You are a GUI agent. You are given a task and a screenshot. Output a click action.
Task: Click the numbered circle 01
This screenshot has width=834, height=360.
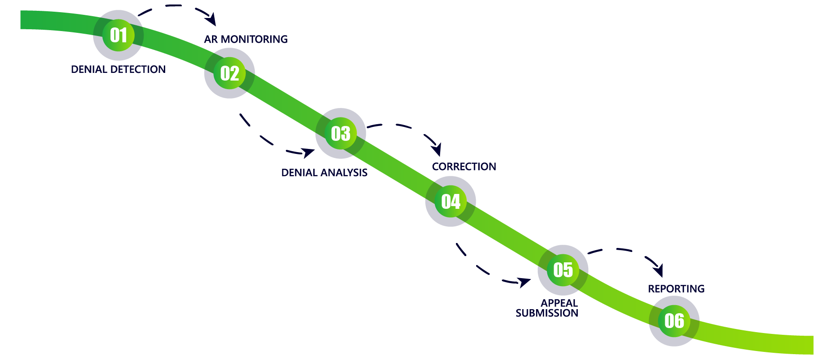click(x=118, y=35)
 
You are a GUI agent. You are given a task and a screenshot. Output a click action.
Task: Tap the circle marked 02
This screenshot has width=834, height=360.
click(x=230, y=73)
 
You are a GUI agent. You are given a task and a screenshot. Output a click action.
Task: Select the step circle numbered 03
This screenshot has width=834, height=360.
click(x=341, y=134)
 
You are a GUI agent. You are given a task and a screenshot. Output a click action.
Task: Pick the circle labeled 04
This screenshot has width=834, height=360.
click(x=451, y=201)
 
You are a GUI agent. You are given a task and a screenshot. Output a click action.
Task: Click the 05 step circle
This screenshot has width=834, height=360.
click(x=563, y=270)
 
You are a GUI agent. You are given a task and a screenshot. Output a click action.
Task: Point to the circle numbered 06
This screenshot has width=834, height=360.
click(x=674, y=321)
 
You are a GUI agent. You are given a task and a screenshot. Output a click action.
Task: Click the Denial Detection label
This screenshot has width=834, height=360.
click(x=118, y=69)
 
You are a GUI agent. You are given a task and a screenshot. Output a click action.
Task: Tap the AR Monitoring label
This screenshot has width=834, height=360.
click(x=246, y=40)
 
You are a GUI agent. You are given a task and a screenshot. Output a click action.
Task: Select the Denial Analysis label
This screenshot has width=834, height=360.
click(x=324, y=173)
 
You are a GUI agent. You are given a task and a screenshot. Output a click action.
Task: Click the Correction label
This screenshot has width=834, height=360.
click(x=464, y=167)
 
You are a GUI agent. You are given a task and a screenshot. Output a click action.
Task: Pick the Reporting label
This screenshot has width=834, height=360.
click(x=676, y=289)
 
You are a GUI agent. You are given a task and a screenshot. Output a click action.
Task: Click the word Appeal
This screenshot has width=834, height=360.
click(x=559, y=303)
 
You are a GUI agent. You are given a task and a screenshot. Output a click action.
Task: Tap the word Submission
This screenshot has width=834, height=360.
click(x=547, y=313)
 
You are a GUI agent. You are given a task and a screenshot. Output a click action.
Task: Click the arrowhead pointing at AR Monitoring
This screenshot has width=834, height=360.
click(x=212, y=20)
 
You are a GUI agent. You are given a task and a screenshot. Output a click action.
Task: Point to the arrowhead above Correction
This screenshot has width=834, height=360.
click(x=436, y=149)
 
